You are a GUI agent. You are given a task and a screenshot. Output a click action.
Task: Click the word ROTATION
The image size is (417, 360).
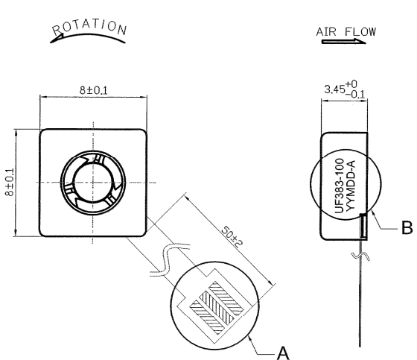tap(89, 27)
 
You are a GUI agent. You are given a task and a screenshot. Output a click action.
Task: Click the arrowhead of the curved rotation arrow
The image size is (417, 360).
tap(56, 40)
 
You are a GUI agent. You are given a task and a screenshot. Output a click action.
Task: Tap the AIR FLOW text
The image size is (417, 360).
tap(346, 32)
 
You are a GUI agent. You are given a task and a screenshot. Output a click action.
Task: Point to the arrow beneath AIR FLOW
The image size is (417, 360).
tap(343, 41)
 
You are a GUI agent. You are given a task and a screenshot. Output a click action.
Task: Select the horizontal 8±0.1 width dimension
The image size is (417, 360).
tap(94, 90)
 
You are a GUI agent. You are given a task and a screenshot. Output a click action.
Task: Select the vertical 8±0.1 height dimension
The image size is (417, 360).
tap(9, 182)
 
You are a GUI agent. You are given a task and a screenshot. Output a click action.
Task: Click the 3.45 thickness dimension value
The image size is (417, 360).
tap(334, 89)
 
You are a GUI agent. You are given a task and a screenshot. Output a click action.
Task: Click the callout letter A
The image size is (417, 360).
tap(283, 353)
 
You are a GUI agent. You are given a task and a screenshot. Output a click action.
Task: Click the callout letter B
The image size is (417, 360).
tap(407, 227)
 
